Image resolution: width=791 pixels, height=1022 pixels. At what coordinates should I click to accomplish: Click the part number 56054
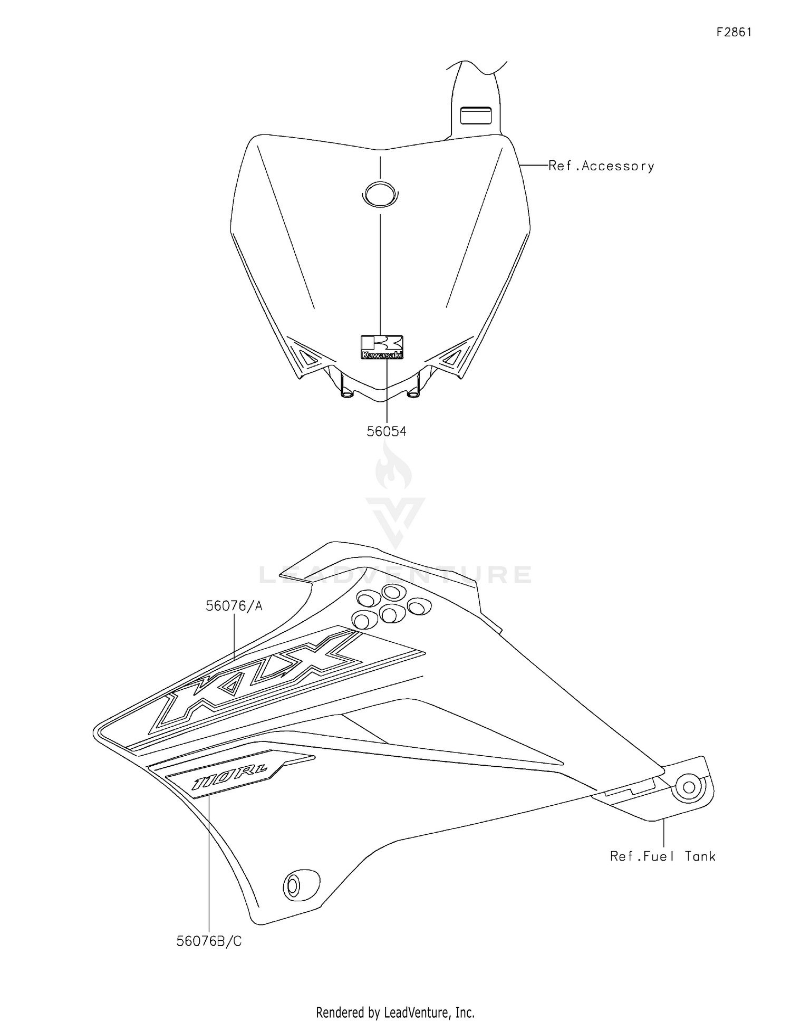[387, 431]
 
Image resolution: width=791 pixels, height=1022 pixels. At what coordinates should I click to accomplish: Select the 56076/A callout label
[234, 606]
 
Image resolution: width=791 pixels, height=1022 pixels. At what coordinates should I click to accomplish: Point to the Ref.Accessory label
[601, 166]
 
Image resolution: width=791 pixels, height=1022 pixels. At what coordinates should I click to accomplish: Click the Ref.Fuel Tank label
[662, 856]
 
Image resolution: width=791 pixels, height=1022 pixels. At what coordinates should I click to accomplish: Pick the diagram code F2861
[734, 32]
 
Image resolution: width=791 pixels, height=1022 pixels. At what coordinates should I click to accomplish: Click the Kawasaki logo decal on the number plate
[382, 347]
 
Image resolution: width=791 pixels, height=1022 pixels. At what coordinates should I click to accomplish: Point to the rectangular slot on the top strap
[476, 115]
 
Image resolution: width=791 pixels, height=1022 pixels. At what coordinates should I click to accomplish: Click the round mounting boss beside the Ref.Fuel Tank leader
[689, 787]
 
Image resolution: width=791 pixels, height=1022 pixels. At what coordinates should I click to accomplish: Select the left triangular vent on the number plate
[307, 356]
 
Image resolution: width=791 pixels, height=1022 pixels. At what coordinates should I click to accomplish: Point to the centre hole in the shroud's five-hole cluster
[391, 613]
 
